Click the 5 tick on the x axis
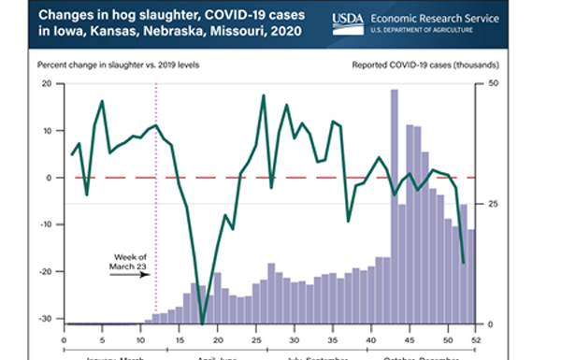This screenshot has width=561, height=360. click(102, 338)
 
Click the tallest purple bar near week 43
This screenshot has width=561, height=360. click(394, 206)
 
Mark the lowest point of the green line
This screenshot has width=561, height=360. click(203, 324)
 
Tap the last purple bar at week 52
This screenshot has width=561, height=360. click(472, 276)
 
